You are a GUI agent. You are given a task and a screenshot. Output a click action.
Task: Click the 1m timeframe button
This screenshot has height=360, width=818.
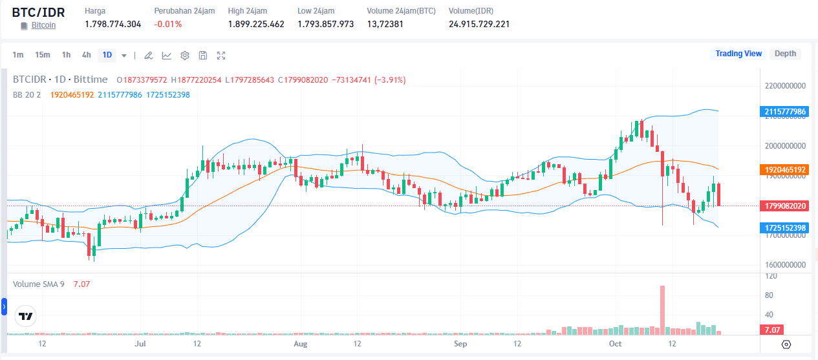(x=18, y=55)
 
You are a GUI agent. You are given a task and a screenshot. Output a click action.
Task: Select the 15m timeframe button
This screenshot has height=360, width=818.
(x=43, y=55)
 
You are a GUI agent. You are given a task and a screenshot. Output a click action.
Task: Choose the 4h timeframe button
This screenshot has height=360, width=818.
(x=87, y=55)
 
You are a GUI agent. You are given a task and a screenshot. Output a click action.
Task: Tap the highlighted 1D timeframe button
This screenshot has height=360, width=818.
(x=107, y=55)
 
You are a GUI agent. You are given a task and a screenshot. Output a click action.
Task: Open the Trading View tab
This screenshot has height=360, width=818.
(x=738, y=54)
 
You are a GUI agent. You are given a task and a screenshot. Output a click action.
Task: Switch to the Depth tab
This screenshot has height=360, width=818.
(x=785, y=54)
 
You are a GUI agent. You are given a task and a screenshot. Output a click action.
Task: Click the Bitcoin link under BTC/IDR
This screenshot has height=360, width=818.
(x=43, y=25)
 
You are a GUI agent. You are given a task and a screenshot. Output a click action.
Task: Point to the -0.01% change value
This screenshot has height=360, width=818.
(x=168, y=24)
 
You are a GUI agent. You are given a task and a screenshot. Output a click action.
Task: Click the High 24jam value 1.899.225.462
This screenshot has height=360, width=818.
(x=256, y=24)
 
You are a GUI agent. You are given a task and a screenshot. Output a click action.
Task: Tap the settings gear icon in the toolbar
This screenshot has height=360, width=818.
(x=185, y=56)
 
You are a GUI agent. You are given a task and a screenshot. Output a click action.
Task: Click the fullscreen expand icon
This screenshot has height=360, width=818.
(x=221, y=56)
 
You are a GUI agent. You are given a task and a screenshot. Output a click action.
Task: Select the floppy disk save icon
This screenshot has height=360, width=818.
(x=203, y=56)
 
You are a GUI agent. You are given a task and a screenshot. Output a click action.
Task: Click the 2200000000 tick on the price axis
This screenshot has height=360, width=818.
(x=785, y=86)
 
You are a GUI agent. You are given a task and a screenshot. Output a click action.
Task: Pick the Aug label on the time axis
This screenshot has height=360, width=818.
(x=299, y=344)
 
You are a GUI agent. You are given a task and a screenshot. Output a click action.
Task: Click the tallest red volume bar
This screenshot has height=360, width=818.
(x=662, y=310)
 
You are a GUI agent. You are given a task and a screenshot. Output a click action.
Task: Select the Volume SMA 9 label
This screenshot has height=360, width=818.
(x=39, y=284)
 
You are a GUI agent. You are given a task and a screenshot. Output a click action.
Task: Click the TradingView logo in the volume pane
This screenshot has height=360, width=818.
(x=26, y=317)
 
